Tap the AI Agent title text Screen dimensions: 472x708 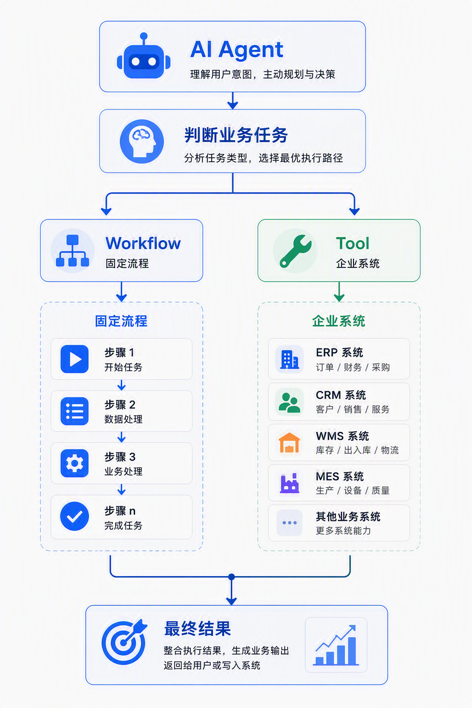pos(236,50)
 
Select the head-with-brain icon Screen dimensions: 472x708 pos(142,142)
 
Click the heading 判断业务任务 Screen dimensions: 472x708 pos(236,135)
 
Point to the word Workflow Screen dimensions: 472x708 pos(143,243)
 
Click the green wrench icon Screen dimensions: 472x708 pos(295,251)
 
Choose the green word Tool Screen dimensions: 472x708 pos(353,243)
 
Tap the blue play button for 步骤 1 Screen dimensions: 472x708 pos(75,359)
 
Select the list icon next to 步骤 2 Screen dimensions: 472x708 pos(75,411)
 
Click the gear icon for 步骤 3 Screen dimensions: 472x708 pos(75,463)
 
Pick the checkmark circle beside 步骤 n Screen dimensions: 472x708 pos(75,516)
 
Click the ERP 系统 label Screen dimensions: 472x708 pos(340,353)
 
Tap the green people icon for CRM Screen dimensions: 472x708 pos(289,402)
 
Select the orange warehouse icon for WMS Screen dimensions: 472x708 pos(289,443)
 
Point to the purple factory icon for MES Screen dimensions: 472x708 pos(289,483)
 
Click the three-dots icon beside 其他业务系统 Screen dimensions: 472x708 pos(289,523)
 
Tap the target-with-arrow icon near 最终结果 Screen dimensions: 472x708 pos(124,642)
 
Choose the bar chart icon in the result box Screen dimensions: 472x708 pos(336,645)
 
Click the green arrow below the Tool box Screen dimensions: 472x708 pos(339,291)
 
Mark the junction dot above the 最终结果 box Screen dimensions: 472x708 pos(231,577)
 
